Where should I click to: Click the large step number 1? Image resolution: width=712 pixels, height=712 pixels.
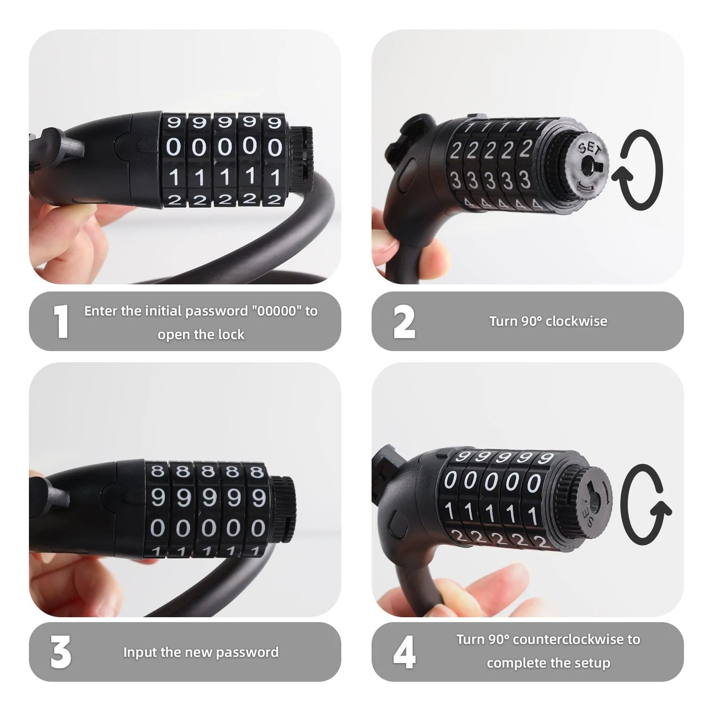(x=61, y=321)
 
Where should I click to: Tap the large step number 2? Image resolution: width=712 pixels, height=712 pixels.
(x=404, y=322)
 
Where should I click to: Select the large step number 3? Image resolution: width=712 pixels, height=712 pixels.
(x=61, y=652)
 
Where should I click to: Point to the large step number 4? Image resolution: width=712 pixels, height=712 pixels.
(x=404, y=652)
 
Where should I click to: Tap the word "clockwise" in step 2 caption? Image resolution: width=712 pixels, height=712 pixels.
(x=576, y=321)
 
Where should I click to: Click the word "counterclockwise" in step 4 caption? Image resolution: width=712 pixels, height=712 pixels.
(x=568, y=639)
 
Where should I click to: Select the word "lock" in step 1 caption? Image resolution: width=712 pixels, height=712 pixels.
(x=231, y=335)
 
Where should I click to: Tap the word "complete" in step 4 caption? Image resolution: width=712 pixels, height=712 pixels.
(x=511, y=663)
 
